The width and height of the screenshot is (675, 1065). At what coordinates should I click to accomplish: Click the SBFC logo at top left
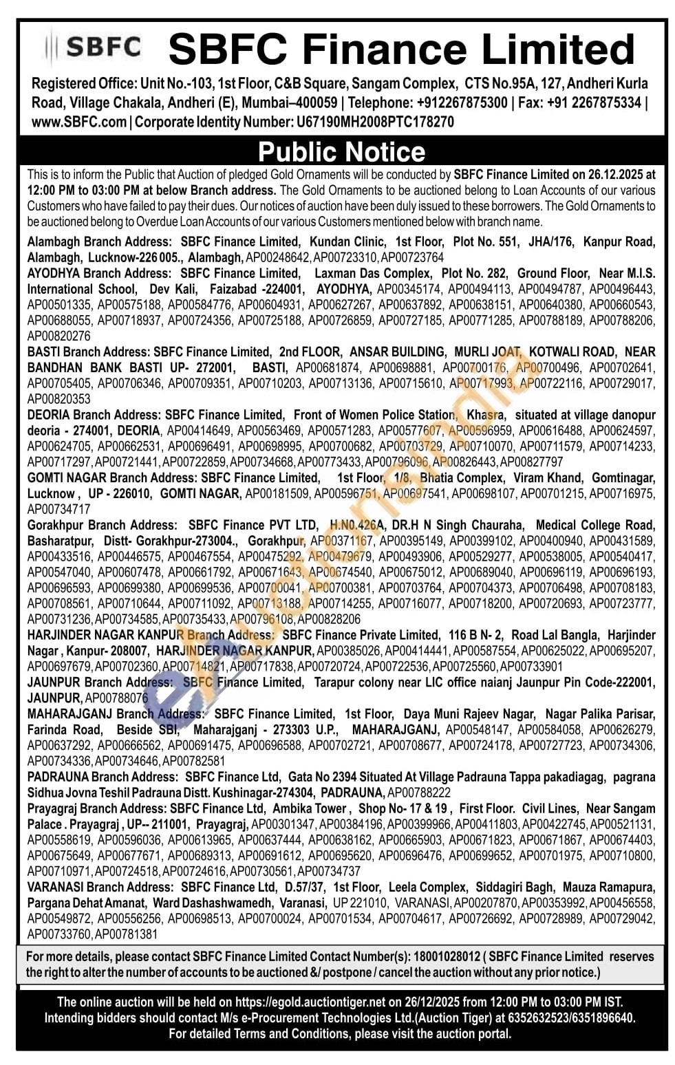pos(93,47)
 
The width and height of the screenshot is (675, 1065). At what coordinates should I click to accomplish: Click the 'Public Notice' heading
pos(341,151)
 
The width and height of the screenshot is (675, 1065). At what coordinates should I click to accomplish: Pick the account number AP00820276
pos(58,336)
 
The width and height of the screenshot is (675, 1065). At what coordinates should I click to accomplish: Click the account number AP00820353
pos(58,399)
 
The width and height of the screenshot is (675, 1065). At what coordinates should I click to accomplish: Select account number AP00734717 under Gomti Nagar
pos(58,510)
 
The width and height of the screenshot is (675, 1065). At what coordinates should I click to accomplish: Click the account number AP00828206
pos(329,619)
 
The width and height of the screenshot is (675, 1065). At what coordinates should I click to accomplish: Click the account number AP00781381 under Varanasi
pos(126,934)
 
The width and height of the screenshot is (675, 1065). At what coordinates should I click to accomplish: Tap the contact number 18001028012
pos(446,957)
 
